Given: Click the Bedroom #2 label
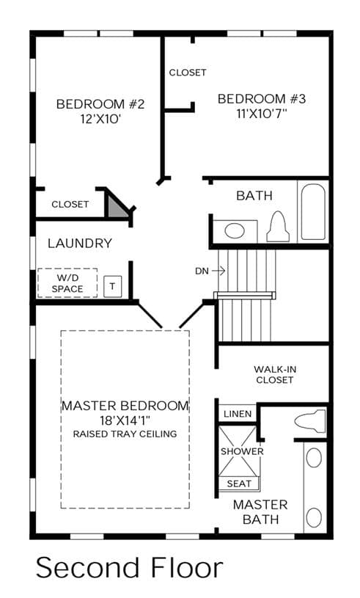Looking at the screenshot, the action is (x=100, y=104).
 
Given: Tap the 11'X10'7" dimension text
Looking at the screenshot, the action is (x=261, y=114).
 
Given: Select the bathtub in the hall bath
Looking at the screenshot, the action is (x=313, y=211).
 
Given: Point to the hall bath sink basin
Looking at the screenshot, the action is (x=235, y=230).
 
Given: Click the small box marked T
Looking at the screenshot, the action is (x=112, y=286).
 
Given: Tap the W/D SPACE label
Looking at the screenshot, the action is (x=67, y=283).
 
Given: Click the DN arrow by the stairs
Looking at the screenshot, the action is (x=218, y=271).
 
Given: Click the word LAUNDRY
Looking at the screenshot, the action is (x=80, y=244).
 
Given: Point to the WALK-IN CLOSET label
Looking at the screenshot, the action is (x=275, y=374).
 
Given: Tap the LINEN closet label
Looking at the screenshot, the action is (x=238, y=414).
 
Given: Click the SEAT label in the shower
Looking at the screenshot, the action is (x=239, y=484).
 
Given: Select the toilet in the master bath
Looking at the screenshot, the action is (x=310, y=421).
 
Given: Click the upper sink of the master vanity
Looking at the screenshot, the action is (x=314, y=458).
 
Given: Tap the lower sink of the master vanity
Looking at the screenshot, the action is (x=314, y=517).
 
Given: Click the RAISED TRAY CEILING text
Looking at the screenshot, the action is (x=125, y=434).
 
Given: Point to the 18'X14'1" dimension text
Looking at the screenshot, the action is (x=125, y=420).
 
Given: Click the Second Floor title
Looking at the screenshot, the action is (x=129, y=568).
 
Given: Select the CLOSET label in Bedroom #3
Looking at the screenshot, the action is (x=188, y=73).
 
